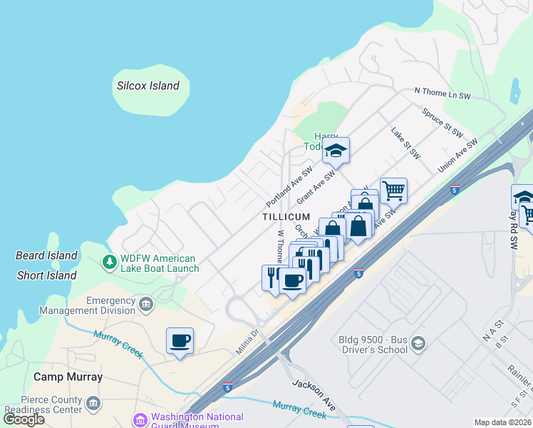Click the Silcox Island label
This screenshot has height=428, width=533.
pyautogui.click(x=148, y=86)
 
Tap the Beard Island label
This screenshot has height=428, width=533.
pyautogui.click(x=46, y=255)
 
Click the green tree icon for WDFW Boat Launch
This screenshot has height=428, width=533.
pyautogui.click(x=109, y=263)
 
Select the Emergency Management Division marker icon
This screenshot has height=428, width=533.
pyautogui.click(x=146, y=305)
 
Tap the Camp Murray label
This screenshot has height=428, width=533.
pyautogui.click(x=68, y=377)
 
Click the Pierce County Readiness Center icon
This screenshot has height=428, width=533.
pyautogui.click(x=93, y=404)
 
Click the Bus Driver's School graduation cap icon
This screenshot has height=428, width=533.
pyautogui.click(x=418, y=345)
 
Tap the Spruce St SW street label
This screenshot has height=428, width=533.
pyautogui.click(x=442, y=122)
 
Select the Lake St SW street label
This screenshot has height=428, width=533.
pyautogui.click(x=405, y=143)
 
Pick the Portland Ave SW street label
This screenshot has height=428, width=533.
pyautogui.click(x=290, y=188)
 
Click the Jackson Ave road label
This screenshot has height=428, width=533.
pyautogui.click(x=314, y=394)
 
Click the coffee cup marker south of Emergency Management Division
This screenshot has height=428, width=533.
pyautogui.click(x=180, y=340)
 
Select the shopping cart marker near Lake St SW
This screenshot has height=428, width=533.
pyautogui.click(x=393, y=190)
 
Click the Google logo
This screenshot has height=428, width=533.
pyautogui.click(x=24, y=419)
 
